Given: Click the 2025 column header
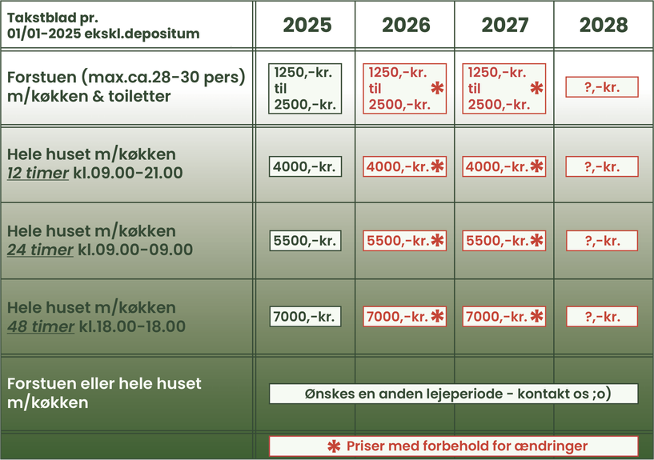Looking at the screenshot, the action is click(x=307, y=25).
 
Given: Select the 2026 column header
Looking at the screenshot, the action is click(x=406, y=25).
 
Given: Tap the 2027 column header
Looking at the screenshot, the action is click(x=504, y=25).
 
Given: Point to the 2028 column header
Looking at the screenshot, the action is click(x=604, y=25).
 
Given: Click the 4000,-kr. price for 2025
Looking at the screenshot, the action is click(x=305, y=166).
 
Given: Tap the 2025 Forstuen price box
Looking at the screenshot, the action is click(x=305, y=88).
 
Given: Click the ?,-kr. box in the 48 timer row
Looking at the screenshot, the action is click(x=602, y=317).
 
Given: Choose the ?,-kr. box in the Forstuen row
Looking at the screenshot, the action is click(x=602, y=87).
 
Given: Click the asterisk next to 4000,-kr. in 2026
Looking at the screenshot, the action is click(x=437, y=166).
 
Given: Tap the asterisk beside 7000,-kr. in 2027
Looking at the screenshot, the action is click(x=536, y=316).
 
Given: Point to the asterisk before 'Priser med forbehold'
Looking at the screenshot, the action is click(x=334, y=446).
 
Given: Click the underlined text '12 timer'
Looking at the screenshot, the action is click(x=38, y=173).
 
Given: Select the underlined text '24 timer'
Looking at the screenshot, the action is click(x=40, y=250).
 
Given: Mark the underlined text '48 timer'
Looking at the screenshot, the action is click(x=41, y=326).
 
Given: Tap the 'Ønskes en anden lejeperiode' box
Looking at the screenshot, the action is click(x=453, y=394).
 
